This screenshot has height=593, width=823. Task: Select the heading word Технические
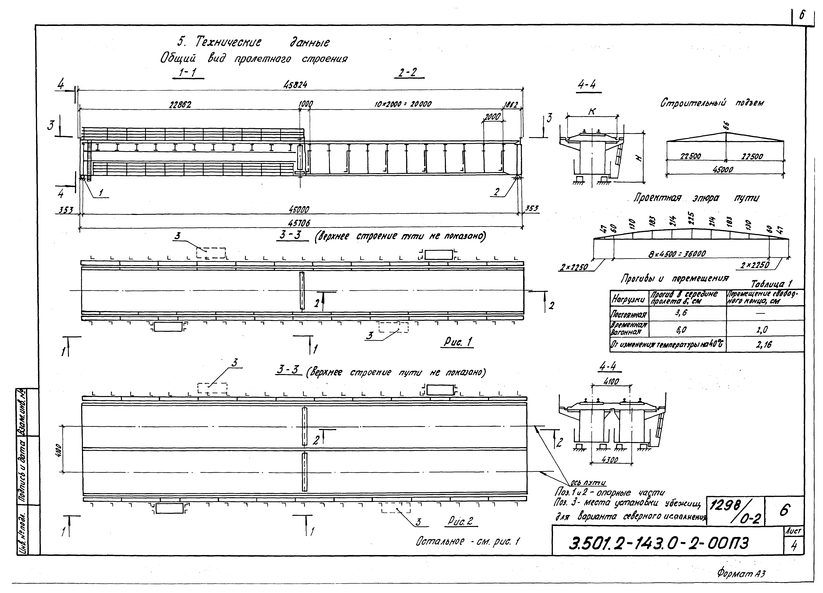[228, 43]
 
